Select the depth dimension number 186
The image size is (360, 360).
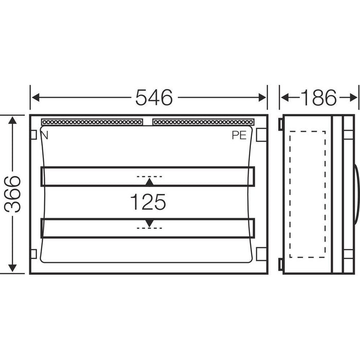[318, 97]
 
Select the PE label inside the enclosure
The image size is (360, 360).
[239, 135]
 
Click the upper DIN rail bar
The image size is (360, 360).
[148, 176]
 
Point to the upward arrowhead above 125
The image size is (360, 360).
[149, 182]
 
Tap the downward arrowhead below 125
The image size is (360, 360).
[149, 222]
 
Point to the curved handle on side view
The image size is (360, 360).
[355, 194]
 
